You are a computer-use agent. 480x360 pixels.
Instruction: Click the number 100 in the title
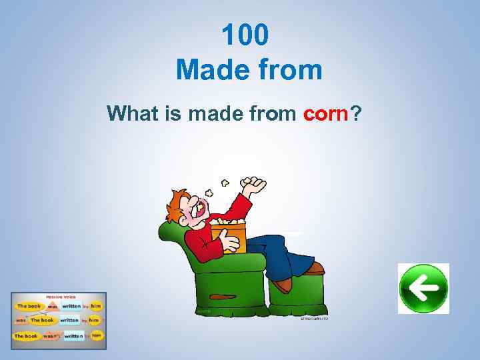tap(245, 35)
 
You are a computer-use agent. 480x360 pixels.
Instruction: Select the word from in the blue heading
tap(288, 69)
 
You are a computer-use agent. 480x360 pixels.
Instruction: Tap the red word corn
tap(326, 114)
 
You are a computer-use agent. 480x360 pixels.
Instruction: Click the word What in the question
tap(130, 114)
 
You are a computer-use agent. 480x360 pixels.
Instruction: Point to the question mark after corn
tap(357, 114)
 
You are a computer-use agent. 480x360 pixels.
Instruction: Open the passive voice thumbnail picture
tap(59, 321)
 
